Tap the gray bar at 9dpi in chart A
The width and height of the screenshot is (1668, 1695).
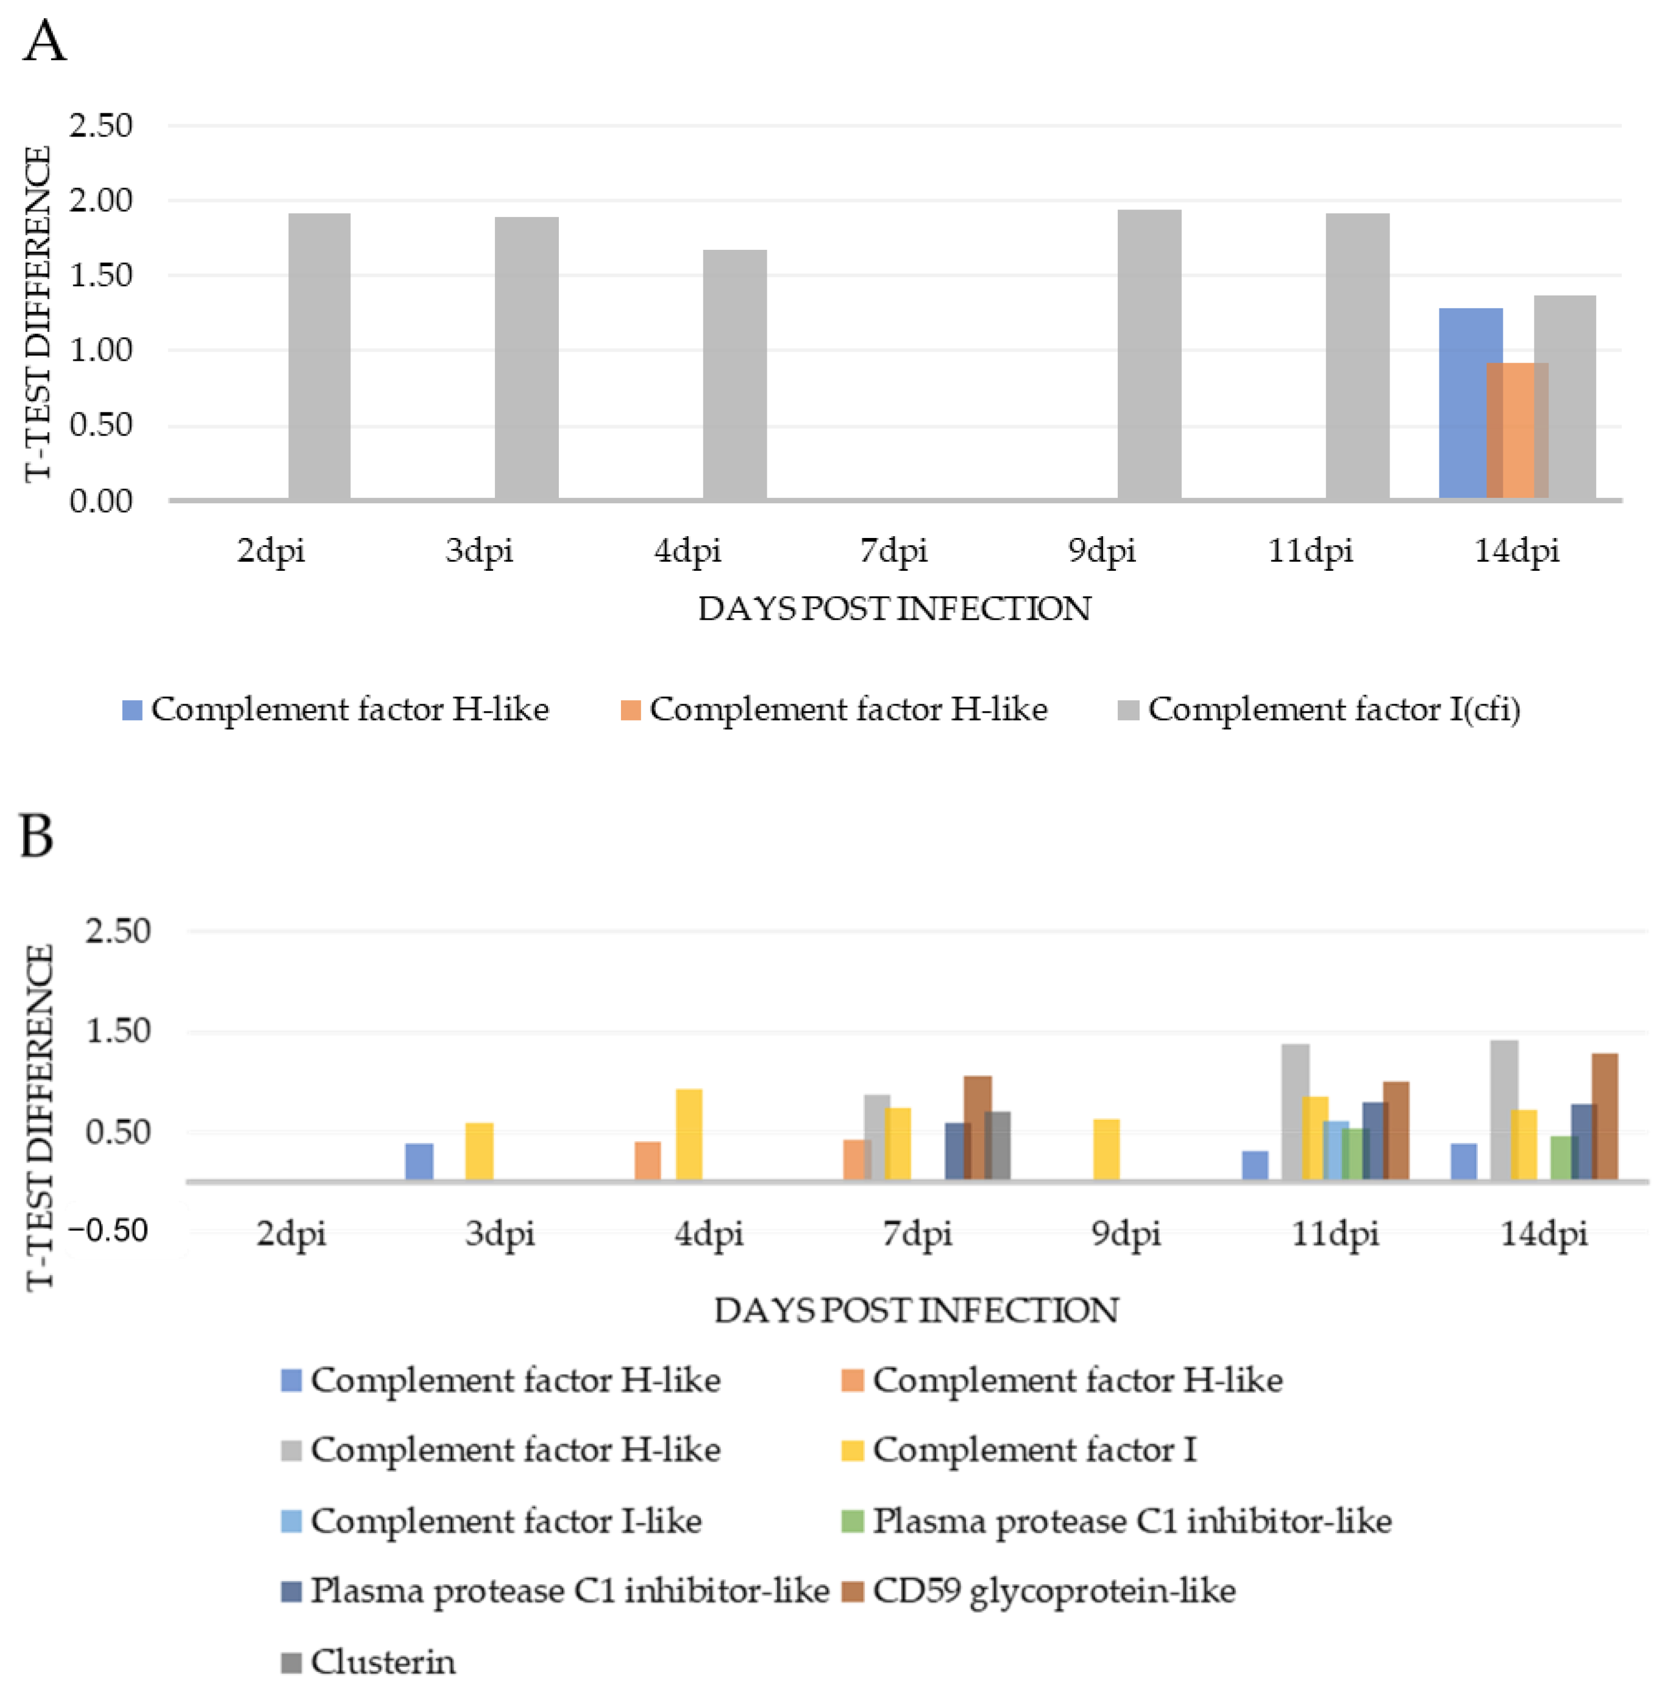[x=1149, y=354]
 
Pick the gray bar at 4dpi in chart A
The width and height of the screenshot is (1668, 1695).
[x=734, y=374]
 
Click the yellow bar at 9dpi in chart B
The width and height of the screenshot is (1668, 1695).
[x=1107, y=1148]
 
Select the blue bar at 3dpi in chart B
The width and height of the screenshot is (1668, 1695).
[x=419, y=1161]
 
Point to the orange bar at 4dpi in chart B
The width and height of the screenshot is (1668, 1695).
[x=647, y=1160]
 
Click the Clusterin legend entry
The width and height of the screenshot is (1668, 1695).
[x=368, y=1661]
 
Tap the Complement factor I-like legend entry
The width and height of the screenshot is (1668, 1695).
[x=491, y=1521]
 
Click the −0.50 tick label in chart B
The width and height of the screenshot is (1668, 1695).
[x=108, y=1230]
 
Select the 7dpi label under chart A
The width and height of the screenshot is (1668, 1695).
[x=893, y=550]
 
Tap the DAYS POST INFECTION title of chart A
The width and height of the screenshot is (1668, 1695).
[x=893, y=609]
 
